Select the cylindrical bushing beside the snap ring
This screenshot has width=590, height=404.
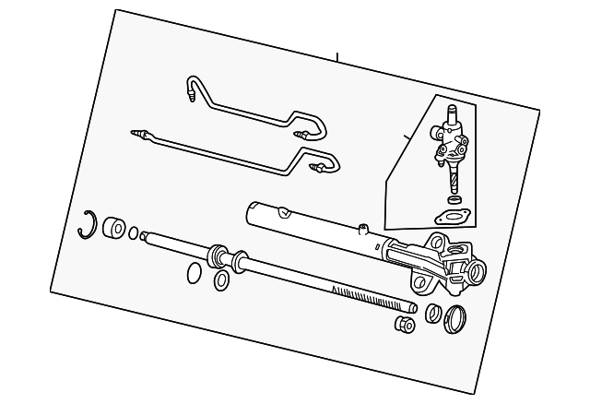click(114, 227)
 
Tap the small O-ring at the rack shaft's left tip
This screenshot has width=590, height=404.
click(135, 233)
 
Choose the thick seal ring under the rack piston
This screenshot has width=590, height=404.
click(222, 279)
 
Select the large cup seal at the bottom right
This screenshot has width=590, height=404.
click(454, 319)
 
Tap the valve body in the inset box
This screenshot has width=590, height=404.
click(451, 145)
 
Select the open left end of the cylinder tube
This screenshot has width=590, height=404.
click(253, 213)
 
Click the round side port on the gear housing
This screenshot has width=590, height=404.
click(476, 272)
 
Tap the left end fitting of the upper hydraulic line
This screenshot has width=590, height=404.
click(191, 91)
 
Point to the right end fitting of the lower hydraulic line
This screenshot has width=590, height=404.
click(318, 169)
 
